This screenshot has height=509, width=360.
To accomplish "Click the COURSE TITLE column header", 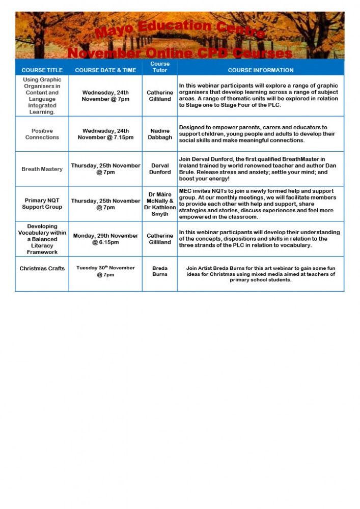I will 42,70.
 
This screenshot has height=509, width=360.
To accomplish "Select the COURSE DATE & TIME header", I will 105,70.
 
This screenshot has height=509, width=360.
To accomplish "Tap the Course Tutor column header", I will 160,67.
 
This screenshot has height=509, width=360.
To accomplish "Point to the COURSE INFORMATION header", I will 261,70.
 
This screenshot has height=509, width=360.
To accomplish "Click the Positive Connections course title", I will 42,134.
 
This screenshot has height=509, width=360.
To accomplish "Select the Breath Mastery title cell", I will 42,169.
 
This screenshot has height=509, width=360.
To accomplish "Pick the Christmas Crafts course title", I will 42,269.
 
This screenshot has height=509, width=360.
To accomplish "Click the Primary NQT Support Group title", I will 42,204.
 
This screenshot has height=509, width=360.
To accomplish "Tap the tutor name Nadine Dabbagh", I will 160,134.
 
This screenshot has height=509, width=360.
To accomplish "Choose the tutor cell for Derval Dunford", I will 160,169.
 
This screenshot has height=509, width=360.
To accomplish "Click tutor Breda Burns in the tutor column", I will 160,271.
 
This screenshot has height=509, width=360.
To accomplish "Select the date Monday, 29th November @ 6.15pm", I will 105,239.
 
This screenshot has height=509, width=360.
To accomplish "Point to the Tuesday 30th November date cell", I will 105,271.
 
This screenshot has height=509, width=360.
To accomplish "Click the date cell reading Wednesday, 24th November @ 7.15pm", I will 105,134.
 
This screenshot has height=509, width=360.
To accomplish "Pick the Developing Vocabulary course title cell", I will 42,239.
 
